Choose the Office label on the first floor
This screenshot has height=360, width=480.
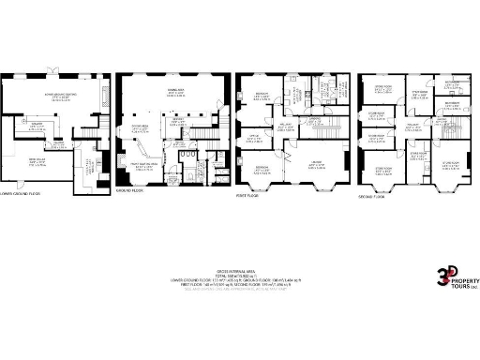(253, 138)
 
